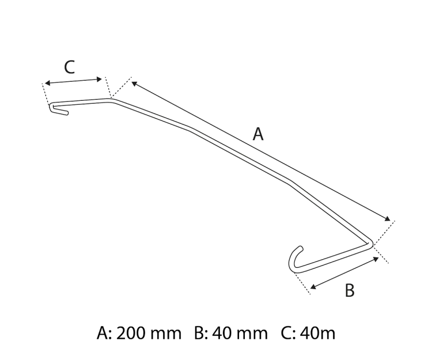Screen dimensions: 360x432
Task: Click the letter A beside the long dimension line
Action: pos(259,135)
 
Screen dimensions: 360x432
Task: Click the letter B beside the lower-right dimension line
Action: pos(350,290)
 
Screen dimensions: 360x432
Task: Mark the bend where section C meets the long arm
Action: pos(114,100)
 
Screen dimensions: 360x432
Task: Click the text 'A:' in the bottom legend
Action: pos(105,334)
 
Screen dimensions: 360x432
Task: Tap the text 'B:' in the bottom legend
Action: pos(201,334)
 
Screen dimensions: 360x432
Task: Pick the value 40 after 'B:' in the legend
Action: pos(224,334)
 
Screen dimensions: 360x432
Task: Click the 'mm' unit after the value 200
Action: pos(168,334)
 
